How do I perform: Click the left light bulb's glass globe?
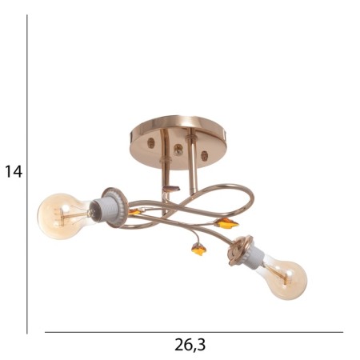pos(62,216)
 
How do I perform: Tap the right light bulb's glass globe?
pos(286,278)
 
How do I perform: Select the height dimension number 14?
pos(14,172)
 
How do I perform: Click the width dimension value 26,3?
pos(190,345)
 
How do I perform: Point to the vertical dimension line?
pos(27,174)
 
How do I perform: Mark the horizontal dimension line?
pos(194,332)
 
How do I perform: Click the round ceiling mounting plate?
pos(178,142)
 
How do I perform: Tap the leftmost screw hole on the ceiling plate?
pos(151,143)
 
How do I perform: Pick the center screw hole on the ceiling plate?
pos(178,150)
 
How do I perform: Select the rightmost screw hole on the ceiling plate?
pos(204,156)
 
